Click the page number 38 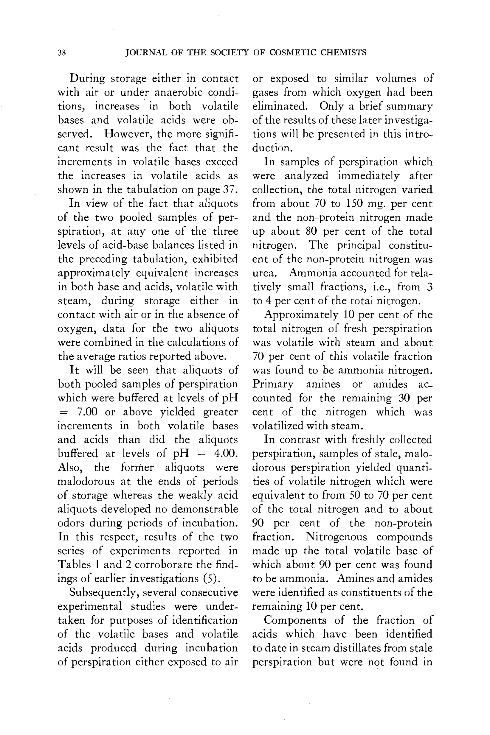tap(62, 53)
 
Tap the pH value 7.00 tap(87, 412)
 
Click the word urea tap(264, 273)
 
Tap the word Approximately tap(301, 315)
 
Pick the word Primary tap(272, 384)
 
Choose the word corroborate tap(163, 565)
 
